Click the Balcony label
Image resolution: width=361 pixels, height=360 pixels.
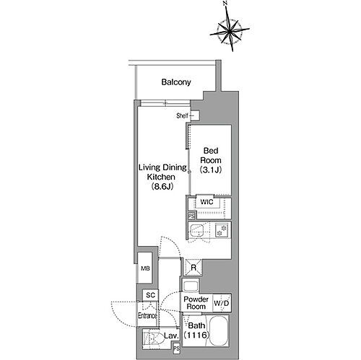coord(176,82)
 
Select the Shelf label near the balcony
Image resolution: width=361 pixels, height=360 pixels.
coord(182,115)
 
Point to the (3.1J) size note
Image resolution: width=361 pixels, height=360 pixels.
coord(210,170)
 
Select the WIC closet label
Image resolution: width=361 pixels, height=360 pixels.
coord(206,202)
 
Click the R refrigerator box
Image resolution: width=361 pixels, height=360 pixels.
coord(192,268)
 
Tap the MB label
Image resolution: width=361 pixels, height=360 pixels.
coord(145,269)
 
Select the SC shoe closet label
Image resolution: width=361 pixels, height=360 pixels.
coord(150,295)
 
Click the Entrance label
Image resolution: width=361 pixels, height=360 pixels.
coord(147,315)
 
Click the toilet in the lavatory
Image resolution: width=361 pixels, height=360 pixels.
coord(152,336)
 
